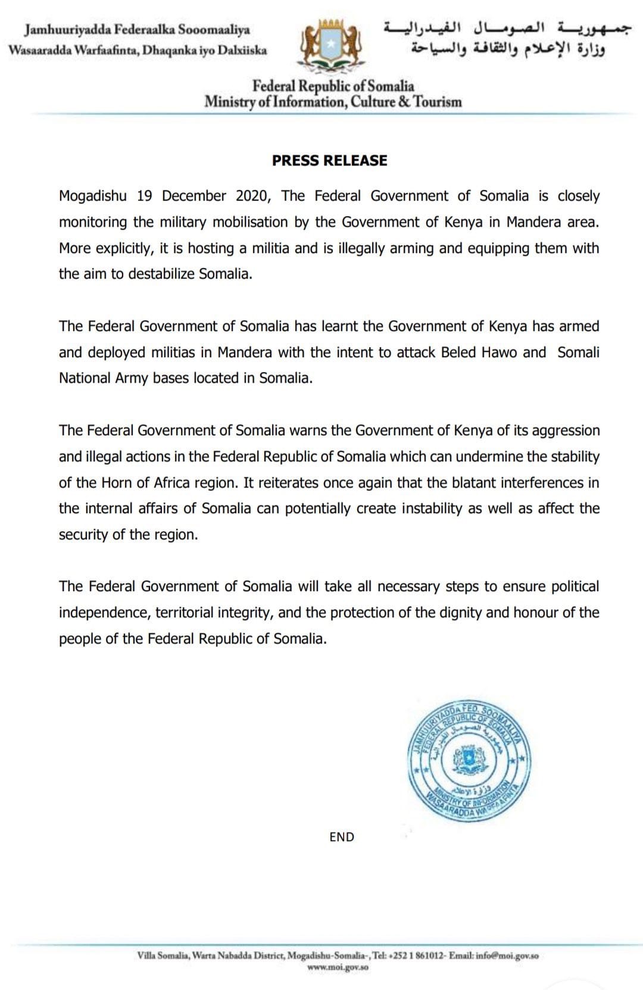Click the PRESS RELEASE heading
(x=329, y=160)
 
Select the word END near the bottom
(x=342, y=837)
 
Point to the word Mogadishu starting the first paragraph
(x=92, y=196)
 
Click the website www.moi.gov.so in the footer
(x=338, y=967)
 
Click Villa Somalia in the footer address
(x=163, y=955)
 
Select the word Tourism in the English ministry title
(x=438, y=102)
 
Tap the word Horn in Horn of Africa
(x=117, y=482)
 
